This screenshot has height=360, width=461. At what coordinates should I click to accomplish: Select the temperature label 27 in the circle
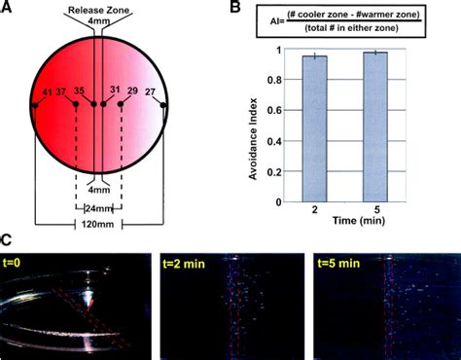coord(150,91)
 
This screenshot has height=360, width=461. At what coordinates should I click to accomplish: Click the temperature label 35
coord(80,91)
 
